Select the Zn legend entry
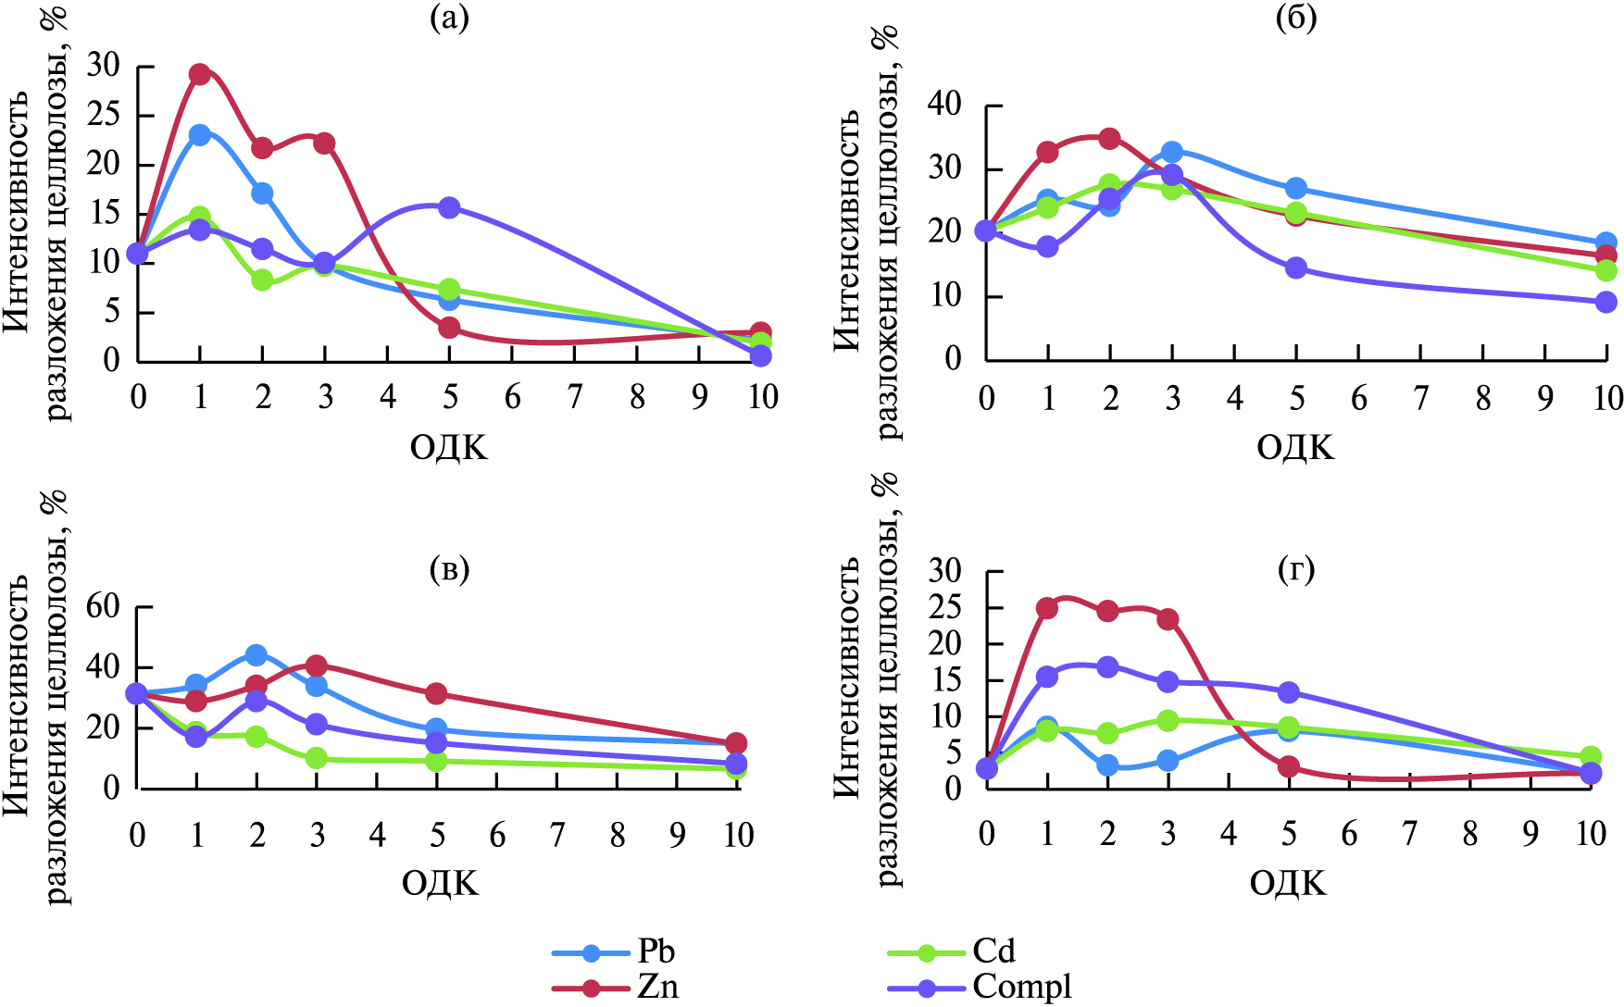657,987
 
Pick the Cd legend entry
993,951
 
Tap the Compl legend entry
1021,987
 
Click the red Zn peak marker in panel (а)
200,74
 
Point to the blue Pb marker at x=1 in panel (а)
200,135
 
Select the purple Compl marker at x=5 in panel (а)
449,207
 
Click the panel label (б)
1295,18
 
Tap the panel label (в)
449,569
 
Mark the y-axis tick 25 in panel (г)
946,608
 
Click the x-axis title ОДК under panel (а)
448,448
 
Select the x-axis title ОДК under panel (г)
1288,883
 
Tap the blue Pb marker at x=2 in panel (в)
256,655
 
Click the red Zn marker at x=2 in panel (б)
1109,139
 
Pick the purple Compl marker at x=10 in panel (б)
1605,302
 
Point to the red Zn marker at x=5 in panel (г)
1288,767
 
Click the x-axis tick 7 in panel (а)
575,397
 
